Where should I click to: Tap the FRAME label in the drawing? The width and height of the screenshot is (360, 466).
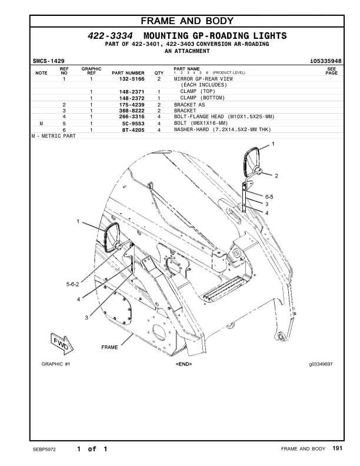pyautogui.click(x=109, y=347)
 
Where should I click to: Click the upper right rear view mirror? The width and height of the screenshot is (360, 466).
pyautogui.click(x=251, y=162)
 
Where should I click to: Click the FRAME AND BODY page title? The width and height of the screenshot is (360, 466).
pyautogui.click(x=179, y=21)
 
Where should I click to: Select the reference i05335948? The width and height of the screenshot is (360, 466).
pyautogui.click(x=325, y=61)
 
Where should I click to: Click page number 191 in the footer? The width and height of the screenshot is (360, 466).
pyautogui.click(x=337, y=449)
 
